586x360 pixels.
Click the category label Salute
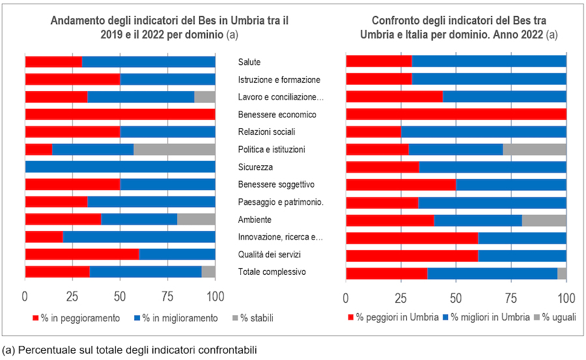coord(249,62)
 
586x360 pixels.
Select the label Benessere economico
coord(277,115)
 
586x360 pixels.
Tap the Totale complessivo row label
coord(272,271)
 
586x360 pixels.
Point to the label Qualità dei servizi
coord(270,254)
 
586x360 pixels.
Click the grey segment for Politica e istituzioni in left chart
coord(174,149)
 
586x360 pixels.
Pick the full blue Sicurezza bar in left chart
coord(120,167)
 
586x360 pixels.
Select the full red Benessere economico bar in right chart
coord(456,115)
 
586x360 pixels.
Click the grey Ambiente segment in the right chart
coord(544,219)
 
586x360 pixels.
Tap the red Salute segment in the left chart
coord(53,62)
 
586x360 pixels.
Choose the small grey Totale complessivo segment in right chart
coord(562,273)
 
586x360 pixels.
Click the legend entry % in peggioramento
coord(77,318)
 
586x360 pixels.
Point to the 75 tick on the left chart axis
coord(167,297)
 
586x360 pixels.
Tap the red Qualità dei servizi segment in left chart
coord(82,254)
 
